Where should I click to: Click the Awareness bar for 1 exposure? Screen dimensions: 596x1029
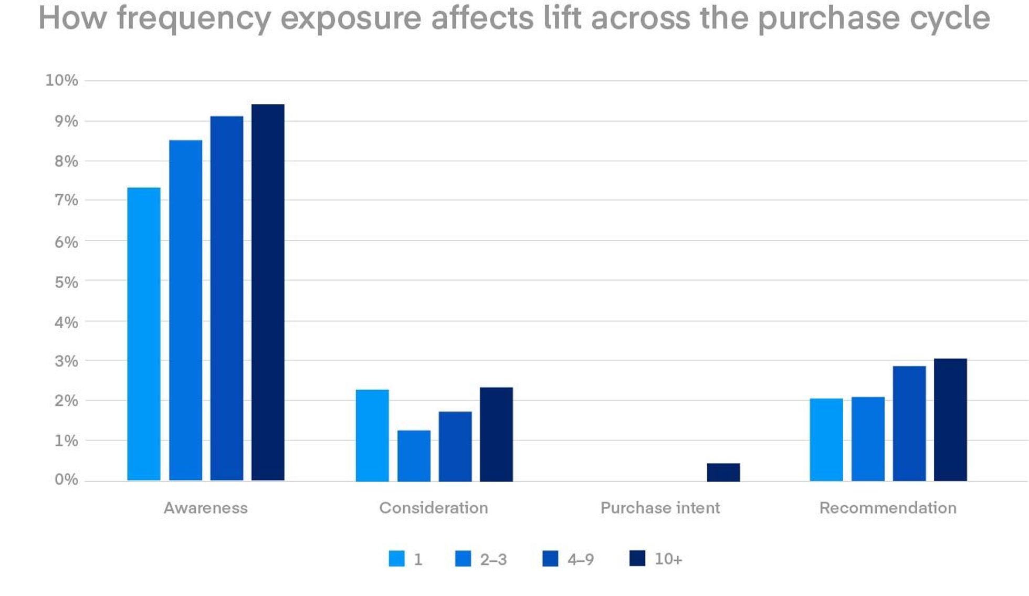click(144, 334)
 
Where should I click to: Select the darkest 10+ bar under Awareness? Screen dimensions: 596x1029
click(268, 292)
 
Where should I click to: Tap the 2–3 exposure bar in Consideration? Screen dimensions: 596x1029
click(414, 456)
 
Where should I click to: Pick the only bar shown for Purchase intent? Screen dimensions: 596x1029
click(723, 472)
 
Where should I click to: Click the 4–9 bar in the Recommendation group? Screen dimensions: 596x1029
click(909, 423)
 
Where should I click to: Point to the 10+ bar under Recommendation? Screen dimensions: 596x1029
click(950, 420)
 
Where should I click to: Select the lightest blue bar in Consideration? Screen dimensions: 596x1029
click(372, 435)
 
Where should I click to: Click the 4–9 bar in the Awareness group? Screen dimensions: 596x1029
click(227, 298)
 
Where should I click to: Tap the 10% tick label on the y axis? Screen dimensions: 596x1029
click(61, 80)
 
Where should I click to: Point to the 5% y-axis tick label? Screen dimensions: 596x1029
click(66, 283)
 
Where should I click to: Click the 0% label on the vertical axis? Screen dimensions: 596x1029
click(66, 479)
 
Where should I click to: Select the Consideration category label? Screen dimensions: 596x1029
click(434, 508)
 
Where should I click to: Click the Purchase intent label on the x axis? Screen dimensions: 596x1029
click(660, 508)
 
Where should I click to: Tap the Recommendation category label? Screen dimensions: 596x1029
click(888, 508)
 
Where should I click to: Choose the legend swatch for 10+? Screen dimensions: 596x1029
click(637, 558)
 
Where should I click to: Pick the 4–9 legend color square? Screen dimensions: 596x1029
click(550, 558)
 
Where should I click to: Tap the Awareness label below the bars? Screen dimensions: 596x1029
click(205, 508)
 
